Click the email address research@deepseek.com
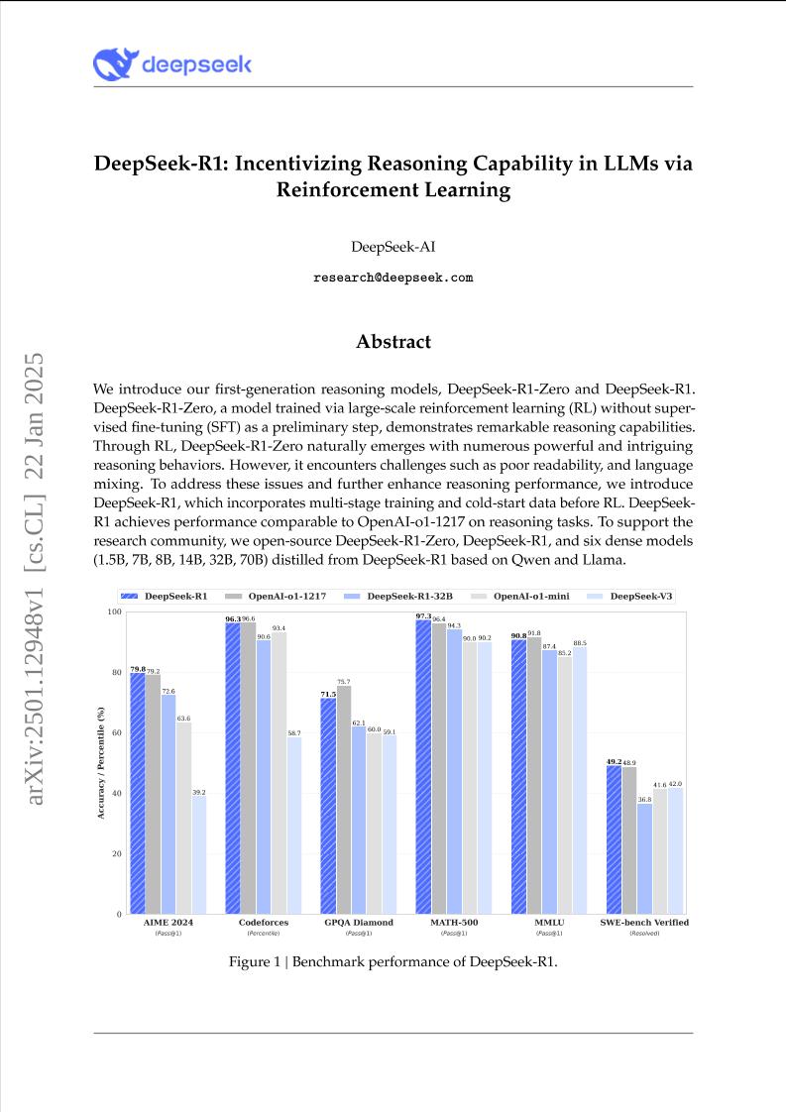click(x=393, y=278)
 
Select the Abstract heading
click(x=393, y=342)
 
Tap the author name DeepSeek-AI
click(x=393, y=246)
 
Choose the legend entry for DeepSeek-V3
click(x=640, y=596)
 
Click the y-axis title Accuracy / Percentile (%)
click(x=101, y=762)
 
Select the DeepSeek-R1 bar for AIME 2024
click(x=138, y=793)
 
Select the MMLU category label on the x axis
click(x=550, y=922)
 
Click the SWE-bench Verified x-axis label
click(x=644, y=922)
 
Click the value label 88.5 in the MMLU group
click(x=580, y=643)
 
